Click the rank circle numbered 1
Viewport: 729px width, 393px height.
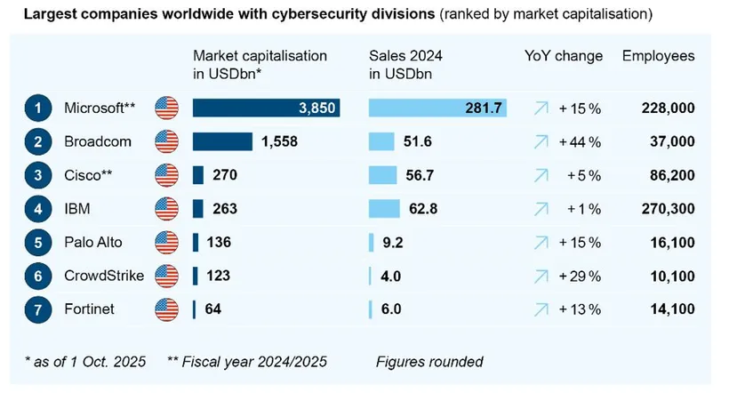(x=38, y=108)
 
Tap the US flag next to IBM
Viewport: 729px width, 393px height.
(x=166, y=209)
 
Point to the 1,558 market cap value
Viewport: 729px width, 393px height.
(x=279, y=141)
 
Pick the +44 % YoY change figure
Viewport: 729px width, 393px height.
(x=580, y=141)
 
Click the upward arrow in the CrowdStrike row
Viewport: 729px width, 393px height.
(x=541, y=276)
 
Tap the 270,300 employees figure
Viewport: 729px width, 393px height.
(x=668, y=209)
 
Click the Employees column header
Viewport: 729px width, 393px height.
(x=658, y=56)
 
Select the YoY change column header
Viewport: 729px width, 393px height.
(x=564, y=56)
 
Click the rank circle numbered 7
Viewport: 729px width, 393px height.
(x=38, y=309)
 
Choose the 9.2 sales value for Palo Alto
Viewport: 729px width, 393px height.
(x=392, y=242)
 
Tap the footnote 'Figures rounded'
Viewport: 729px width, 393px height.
(x=429, y=361)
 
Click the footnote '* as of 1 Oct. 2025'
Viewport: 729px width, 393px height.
(x=85, y=361)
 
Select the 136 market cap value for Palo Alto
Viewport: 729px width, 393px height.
(x=219, y=242)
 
